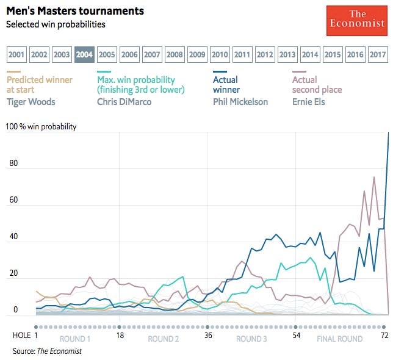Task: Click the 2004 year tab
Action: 84,55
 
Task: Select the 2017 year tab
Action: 378,55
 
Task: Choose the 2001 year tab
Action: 17,55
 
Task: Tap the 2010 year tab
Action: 220,55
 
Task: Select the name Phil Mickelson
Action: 240,101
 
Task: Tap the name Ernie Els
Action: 308,101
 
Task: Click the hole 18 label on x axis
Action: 120,336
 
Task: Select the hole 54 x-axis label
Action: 296,336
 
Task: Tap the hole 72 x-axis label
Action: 383,336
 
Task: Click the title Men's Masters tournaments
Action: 75,11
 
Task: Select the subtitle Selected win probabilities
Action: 56,24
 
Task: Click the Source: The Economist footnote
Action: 47,351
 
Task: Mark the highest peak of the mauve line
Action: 374,177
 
